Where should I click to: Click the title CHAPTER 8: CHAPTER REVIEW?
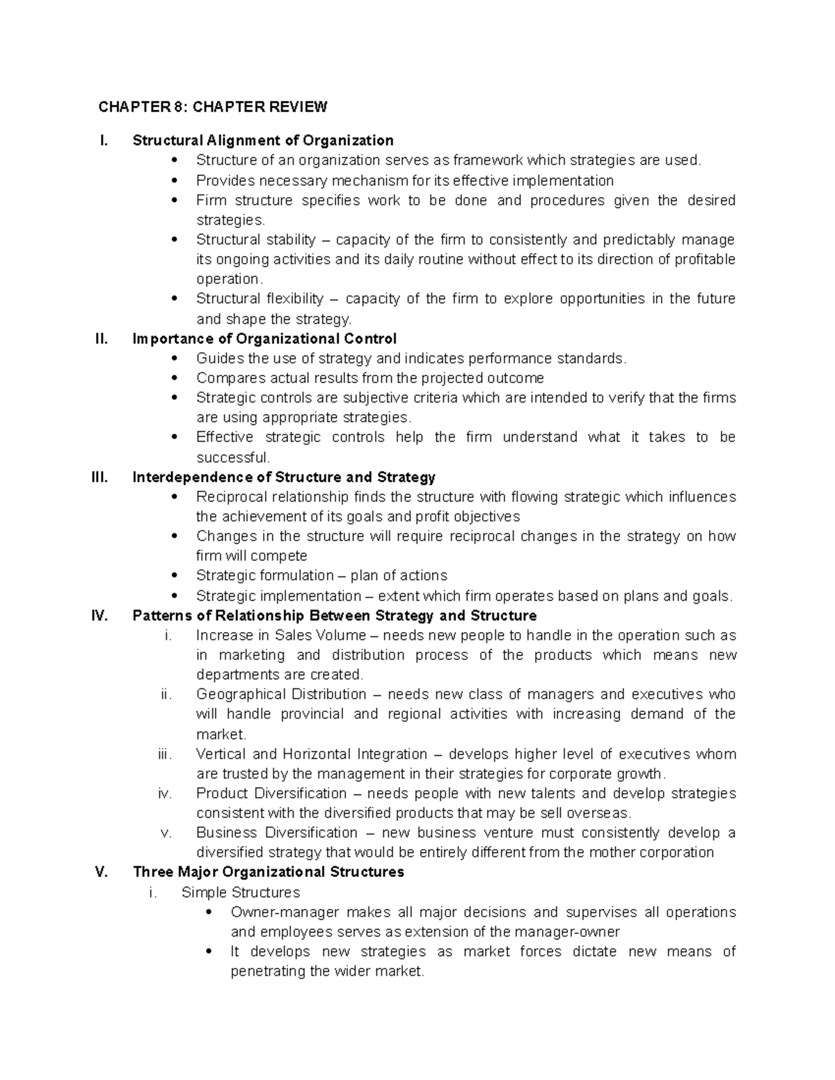click(212, 107)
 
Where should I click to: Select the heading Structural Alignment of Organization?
click(263, 140)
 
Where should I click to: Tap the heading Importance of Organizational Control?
click(264, 339)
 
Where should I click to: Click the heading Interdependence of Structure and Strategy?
click(284, 477)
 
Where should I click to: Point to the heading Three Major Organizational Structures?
click(269, 872)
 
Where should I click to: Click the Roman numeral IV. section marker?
click(100, 615)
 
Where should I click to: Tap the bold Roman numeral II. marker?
click(102, 339)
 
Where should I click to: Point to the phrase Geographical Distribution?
click(281, 695)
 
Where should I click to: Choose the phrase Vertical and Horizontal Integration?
click(311, 755)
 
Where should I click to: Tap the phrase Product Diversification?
click(271, 793)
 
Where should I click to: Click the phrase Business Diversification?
click(276, 833)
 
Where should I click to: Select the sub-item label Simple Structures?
click(240, 892)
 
